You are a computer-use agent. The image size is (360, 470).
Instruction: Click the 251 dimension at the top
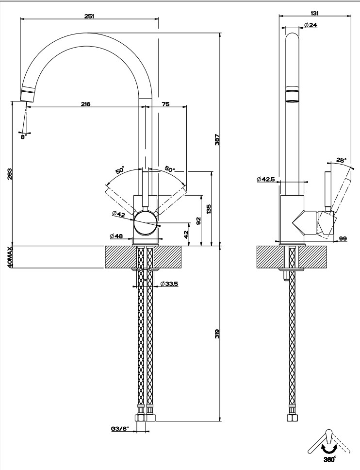click(x=89, y=16)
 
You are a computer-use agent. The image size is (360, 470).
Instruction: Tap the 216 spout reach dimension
click(x=86, y=104)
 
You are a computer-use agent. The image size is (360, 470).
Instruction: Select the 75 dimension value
click(x=165, y=104)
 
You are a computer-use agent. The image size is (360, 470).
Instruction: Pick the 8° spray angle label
click(x=24, y=137)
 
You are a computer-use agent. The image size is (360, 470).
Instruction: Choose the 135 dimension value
click(x=209, y=208)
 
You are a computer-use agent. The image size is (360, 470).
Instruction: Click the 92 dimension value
click(x=198, y=221)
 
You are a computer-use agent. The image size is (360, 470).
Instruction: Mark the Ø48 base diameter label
click(x=116, y=236)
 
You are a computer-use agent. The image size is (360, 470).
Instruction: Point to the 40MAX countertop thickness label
click(x=10, y=257)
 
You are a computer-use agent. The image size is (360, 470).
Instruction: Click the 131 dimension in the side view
click(x=316, y=13)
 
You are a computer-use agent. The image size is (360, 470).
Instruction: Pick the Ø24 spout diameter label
click(x=311, y=25)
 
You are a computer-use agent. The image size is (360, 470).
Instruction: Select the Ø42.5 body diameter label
click(x=266, y=180)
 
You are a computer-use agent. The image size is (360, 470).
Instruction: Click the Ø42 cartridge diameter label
click(x=119, y=214)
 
